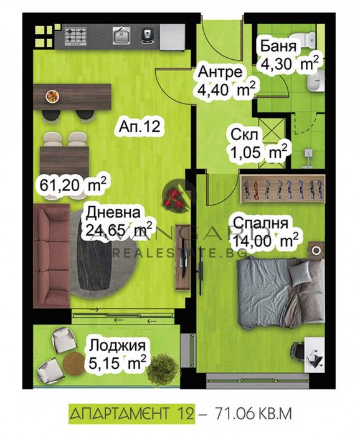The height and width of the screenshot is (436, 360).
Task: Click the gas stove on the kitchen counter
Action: click(75, 36)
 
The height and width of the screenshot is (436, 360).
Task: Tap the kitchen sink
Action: click(121, 35)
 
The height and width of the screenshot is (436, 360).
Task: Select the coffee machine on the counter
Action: click(148, 36)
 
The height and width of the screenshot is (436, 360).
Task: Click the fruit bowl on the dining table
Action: click(52, 96)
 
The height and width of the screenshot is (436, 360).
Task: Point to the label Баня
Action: click(279, 47)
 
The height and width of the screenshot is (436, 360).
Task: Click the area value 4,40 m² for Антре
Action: click(226, 89)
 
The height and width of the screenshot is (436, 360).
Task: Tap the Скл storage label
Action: click(244, 135)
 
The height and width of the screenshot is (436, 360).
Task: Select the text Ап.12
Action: click(140, 127)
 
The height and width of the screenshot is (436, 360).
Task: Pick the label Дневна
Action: click(113, 214)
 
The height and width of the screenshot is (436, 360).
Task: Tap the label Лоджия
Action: click(117, 346)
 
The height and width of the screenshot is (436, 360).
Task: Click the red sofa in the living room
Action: click(52, 255)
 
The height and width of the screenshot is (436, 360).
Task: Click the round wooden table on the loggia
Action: click(73, 363)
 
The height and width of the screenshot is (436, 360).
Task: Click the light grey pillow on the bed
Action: click(299, 273)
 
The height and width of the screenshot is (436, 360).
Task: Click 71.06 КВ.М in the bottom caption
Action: click(253, 414)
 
